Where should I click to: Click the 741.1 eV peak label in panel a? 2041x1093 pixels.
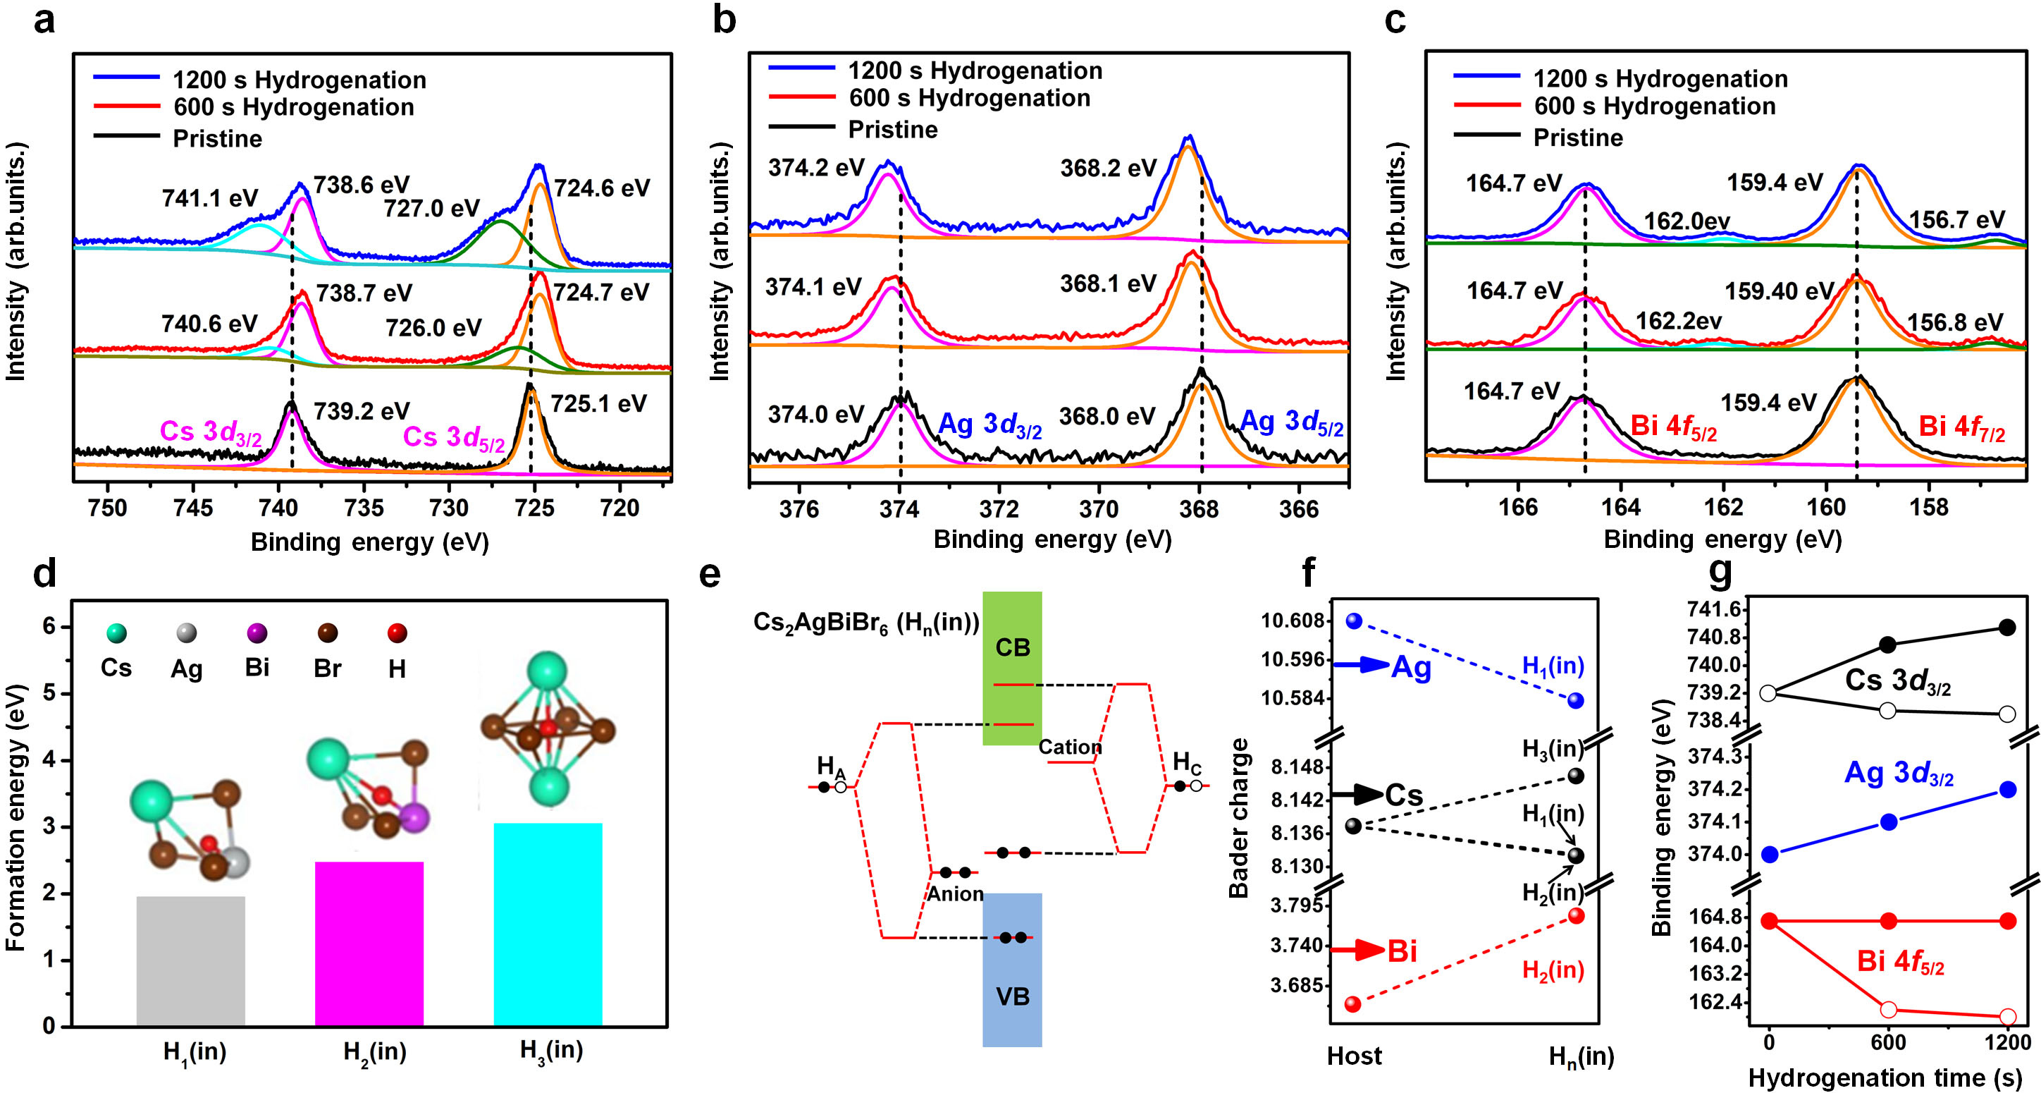tap(209, 198)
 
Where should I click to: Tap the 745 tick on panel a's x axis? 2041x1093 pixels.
tap(192, 508)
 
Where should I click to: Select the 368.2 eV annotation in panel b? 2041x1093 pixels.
tap(1109, 168)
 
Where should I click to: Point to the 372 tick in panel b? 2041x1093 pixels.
tap(999, 509)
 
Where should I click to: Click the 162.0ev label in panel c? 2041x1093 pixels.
tap(1687, 221)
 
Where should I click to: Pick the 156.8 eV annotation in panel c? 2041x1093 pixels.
tap(1954, 322)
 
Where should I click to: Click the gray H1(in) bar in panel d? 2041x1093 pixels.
tap(191, 960)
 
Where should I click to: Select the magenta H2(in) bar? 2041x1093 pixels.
tap(369, 944)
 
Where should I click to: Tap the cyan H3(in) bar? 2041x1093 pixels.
tap(548, 924)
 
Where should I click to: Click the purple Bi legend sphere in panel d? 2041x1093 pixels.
tap(257, 633)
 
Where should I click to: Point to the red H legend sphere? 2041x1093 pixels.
tap(397, 633)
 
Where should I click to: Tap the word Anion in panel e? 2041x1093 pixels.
tap(956, 894)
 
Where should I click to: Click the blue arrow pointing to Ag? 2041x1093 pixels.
tap(1360, 665)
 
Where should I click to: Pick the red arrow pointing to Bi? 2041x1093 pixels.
tap(1358, 950)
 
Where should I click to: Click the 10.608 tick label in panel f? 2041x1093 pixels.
tap(1293, 621)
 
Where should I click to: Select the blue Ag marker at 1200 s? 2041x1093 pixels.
tap(2008, 790)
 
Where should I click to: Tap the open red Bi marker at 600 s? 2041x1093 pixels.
tap(1888, 1009)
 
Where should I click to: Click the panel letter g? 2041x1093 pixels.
tap(1720, 570)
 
